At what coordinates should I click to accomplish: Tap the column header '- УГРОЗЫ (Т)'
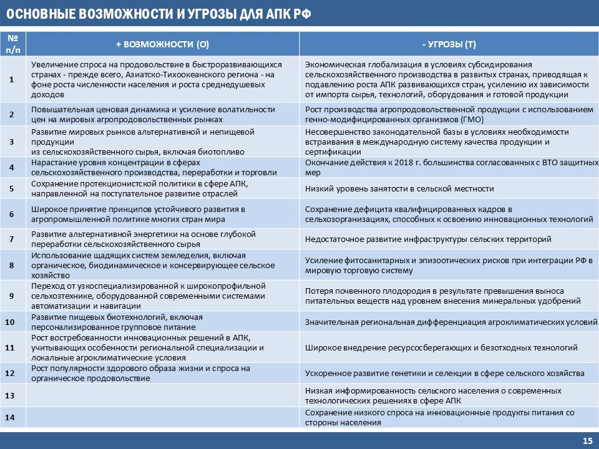coord(449,45)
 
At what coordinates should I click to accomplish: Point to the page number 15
coord(587,441)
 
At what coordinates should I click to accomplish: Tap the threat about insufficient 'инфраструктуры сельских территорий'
coord(428,239)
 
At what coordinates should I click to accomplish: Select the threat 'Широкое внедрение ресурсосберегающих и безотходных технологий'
coord(441,348)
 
